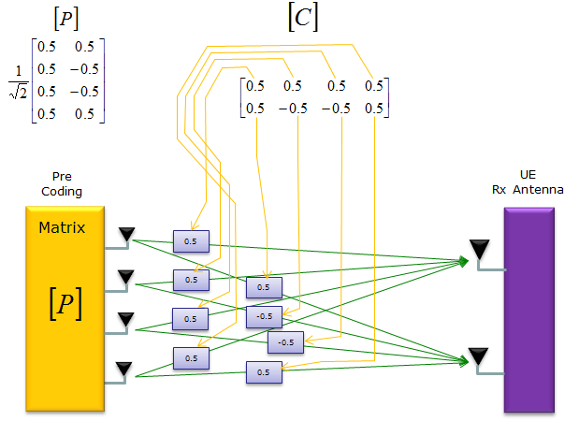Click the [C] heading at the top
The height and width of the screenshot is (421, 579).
point(301,19)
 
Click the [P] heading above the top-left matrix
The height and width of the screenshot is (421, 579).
point(67,18)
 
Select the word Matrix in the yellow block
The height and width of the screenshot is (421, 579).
point(63,227)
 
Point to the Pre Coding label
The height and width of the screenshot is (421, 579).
point(63,185)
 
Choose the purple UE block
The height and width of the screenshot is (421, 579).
point(528,309)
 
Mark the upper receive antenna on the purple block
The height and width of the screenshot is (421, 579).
point(479,250)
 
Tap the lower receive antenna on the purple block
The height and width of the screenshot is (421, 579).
point(479,356)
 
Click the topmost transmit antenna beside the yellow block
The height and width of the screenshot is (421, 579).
point(125,234)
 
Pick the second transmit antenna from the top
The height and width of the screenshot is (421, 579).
point(125,278)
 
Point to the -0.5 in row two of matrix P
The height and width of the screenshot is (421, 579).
point(86,67)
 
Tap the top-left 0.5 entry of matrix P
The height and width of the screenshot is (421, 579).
point(47,45)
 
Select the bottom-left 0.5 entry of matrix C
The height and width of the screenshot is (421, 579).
point(254,108)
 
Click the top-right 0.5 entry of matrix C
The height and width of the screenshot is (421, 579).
point(374,86)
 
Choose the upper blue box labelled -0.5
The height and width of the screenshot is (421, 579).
point(264,316)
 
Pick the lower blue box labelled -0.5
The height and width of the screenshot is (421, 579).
point(286,342)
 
